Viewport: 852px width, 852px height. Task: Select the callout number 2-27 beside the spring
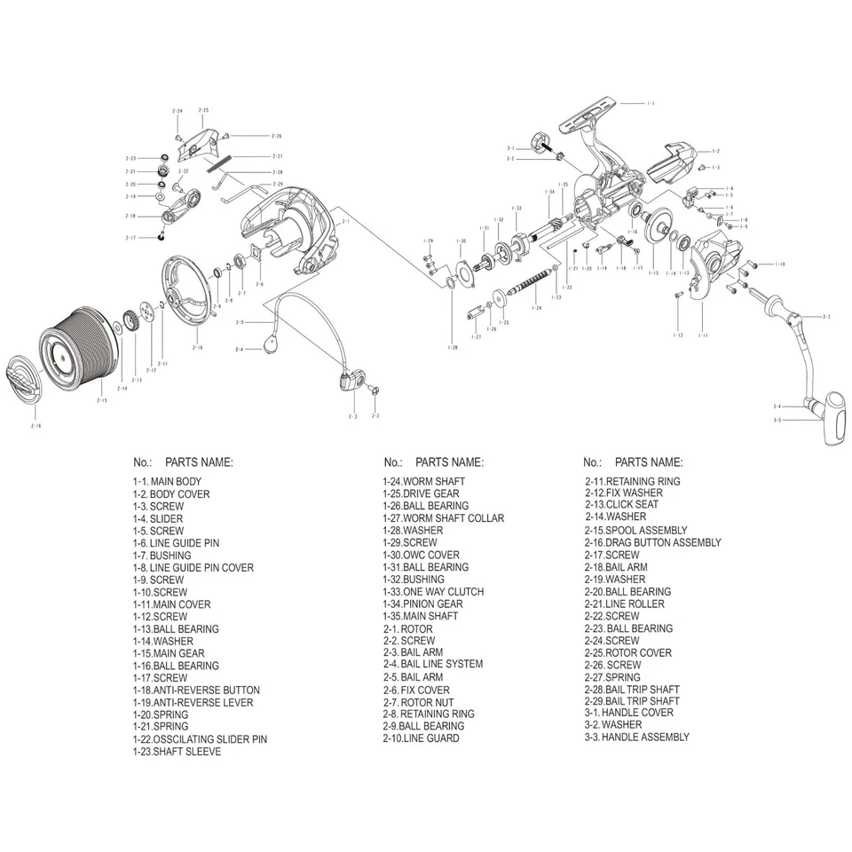277,155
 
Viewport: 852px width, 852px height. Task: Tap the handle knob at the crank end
832,421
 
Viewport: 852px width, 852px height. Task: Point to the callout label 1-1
650,104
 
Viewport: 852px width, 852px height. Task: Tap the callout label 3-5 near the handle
777,420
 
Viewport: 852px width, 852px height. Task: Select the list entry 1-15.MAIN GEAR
169,653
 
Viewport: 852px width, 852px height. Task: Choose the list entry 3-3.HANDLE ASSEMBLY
636,737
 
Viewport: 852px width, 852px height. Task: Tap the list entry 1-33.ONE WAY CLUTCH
433,592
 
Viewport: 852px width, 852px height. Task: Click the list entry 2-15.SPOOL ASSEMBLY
635,530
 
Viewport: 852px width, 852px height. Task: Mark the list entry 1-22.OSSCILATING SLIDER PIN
200,739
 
